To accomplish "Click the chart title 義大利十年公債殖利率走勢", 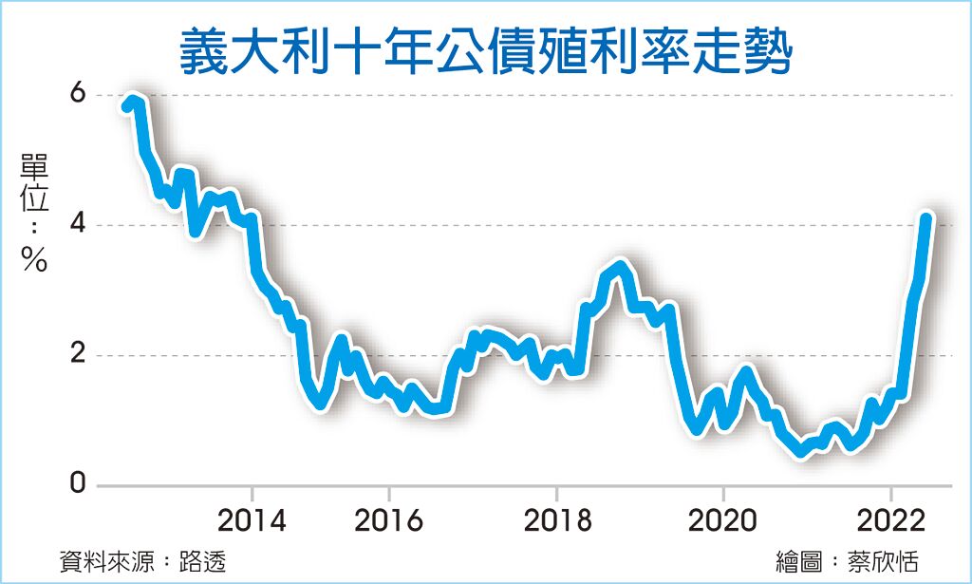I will pos(485,52).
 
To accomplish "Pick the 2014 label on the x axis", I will pos(252,521).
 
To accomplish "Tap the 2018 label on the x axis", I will pos(556,521).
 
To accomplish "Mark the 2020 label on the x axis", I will pos(723,521).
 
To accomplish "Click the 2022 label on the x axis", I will pos(890,521).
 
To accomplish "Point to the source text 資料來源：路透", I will pos(142,560).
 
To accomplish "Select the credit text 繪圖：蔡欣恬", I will pos(847,560).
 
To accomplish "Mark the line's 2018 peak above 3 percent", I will pos(621,266).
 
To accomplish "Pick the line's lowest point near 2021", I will pos(802,451).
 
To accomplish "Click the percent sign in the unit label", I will pos(34,261).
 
